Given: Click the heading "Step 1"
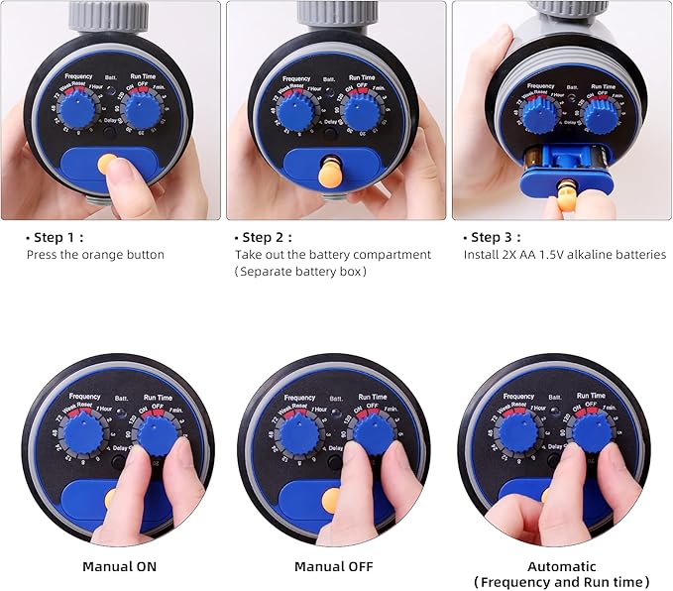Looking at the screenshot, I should [56, 238].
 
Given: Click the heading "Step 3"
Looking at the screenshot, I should [495, 238].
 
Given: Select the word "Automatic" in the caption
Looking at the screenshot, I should [563, 566].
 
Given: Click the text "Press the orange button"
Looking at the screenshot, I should [95, 255].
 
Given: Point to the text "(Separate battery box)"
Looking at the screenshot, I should [300, 272].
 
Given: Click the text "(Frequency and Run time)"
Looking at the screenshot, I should [563, 582].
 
